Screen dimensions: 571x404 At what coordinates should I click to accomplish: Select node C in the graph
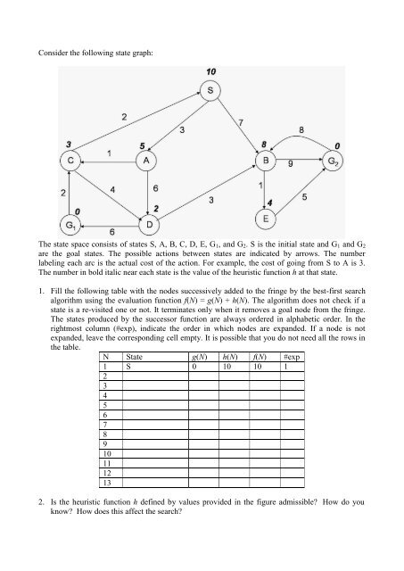coord(71,160)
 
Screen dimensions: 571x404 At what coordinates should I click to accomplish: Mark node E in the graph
coord(265,218)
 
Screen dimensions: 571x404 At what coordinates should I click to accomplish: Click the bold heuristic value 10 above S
coord(210,71)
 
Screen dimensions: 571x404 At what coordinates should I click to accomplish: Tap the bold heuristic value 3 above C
coord(68,142)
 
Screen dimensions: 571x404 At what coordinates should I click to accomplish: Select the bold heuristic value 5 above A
coord(143,143)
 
